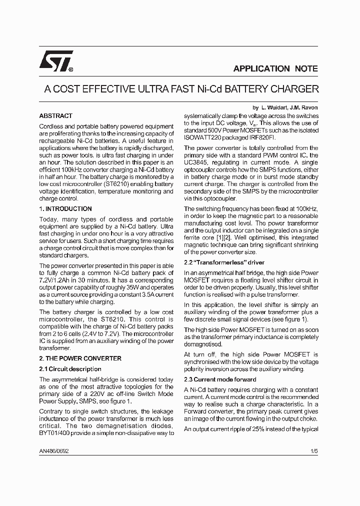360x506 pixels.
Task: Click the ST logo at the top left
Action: click(56, 61)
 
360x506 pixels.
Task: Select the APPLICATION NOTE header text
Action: click(275, 69)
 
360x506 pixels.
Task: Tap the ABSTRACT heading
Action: click(55, 115)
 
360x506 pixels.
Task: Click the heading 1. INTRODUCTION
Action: click(65, 209)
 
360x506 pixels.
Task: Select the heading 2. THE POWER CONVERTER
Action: click(80, 358)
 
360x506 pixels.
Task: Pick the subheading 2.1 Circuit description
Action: click(70, 369)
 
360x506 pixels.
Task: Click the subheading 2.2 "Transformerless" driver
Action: click(224, 262)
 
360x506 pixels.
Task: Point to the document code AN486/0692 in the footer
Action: click(54, 450)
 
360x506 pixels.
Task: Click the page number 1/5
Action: click(313, 450)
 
